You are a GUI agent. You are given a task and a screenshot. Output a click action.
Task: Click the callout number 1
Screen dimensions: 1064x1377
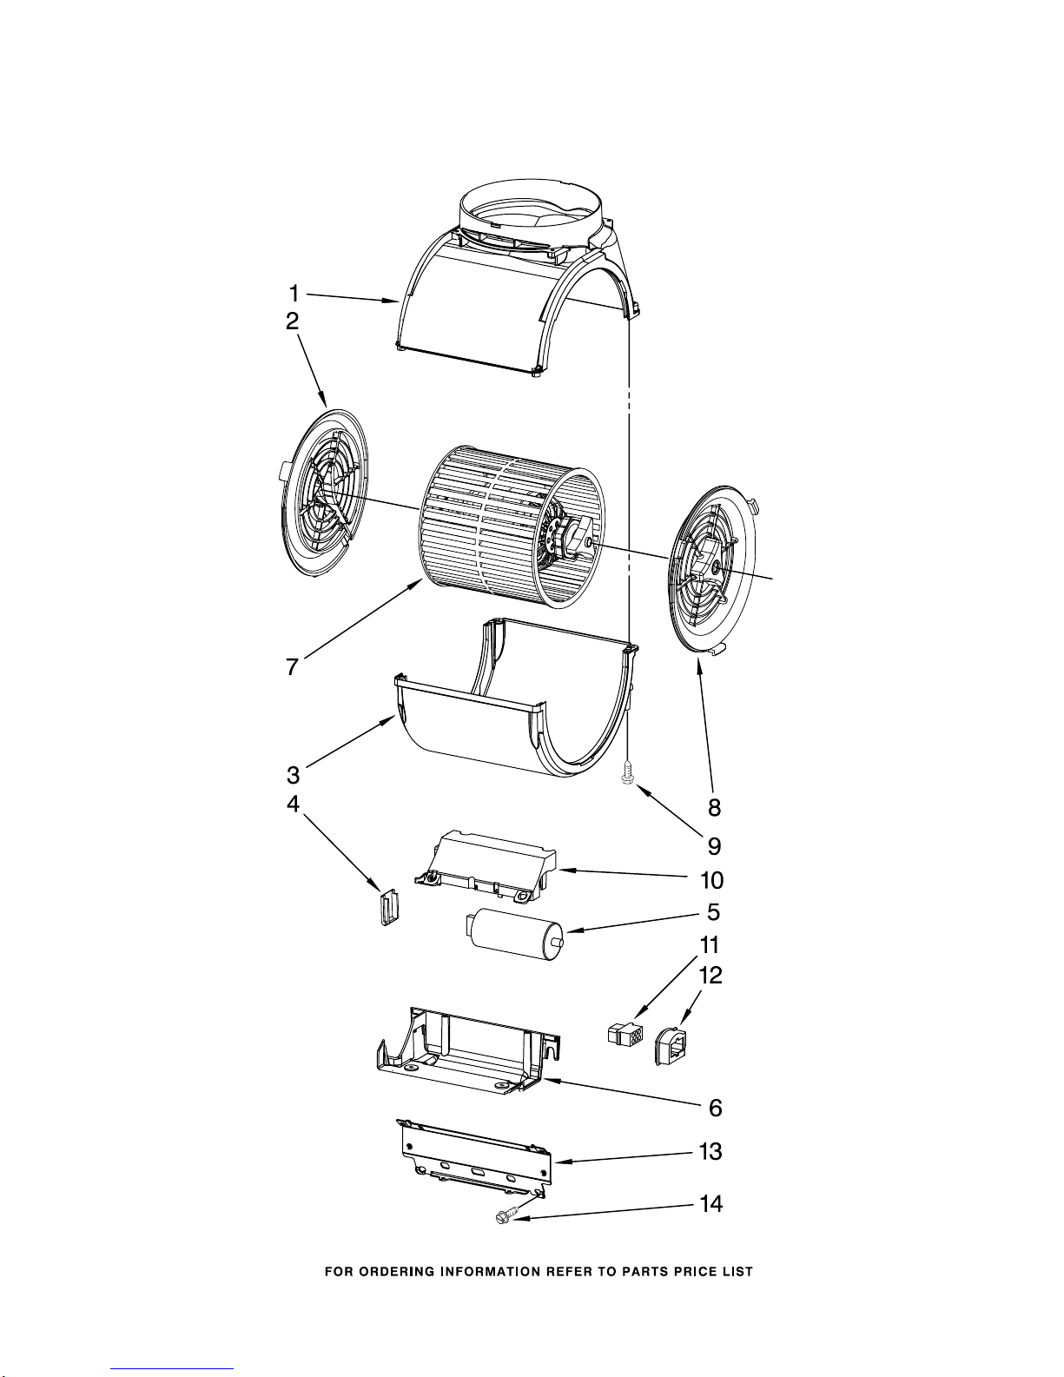294,294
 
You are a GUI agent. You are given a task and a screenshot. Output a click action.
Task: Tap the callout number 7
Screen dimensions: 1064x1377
292,666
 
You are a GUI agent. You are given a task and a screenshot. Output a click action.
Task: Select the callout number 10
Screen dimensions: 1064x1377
712,879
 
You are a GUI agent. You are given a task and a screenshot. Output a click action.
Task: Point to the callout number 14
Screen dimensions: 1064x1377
711,1203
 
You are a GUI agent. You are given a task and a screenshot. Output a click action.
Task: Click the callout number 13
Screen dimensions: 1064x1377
710,1151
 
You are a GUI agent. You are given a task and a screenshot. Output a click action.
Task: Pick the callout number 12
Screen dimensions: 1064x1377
710,975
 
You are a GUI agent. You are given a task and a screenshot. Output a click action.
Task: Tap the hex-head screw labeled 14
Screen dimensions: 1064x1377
504,1216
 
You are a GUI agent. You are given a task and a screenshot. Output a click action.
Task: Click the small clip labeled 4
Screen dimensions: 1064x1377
389,908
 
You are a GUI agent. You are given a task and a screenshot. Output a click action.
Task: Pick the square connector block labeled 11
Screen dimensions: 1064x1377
625,1035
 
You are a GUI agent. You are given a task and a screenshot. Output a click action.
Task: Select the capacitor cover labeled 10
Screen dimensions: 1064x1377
486,866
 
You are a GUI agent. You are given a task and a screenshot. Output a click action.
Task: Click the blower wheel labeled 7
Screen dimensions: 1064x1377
512,526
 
